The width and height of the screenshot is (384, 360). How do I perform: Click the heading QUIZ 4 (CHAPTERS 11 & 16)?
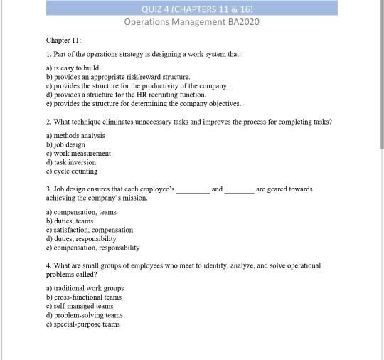(191, 9)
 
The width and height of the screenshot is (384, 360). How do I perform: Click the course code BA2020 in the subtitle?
(243, 22)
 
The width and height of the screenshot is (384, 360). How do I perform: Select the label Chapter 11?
(64, 41)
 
